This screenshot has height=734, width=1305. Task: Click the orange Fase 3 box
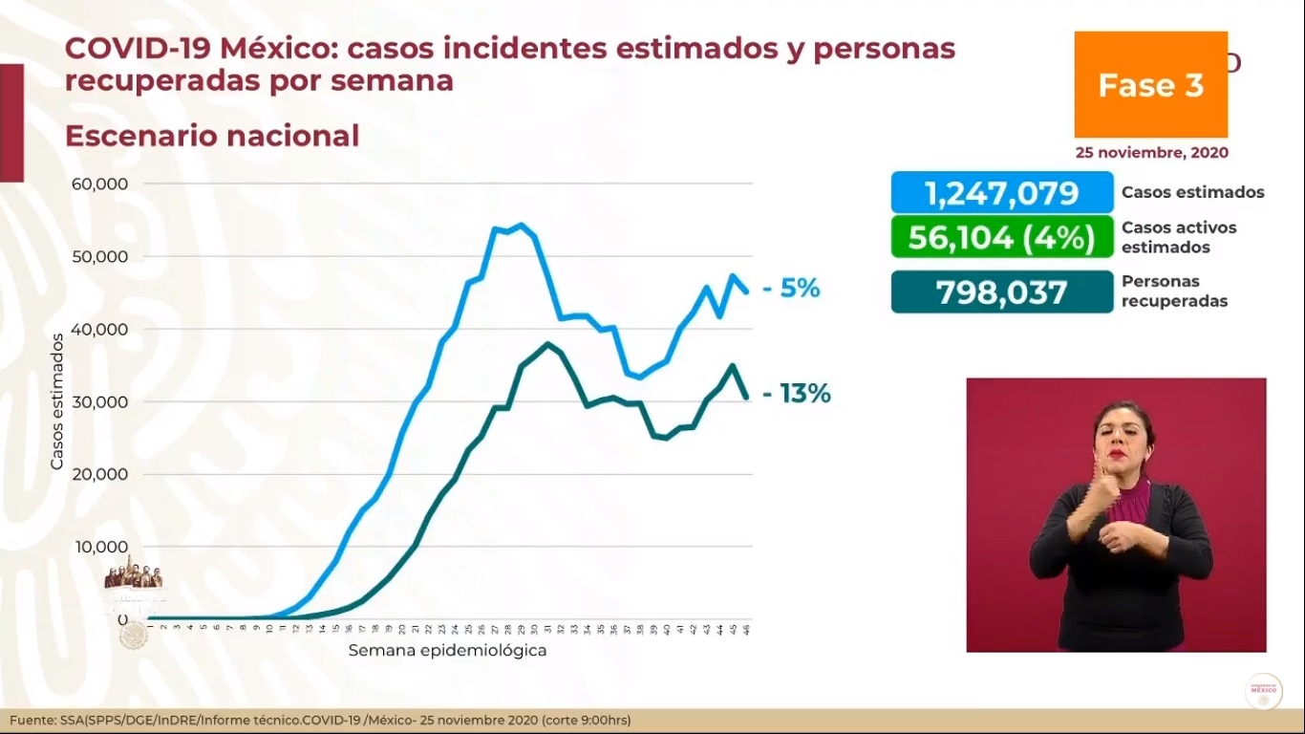point(1150,85)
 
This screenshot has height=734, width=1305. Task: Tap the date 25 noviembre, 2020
point(1151,153)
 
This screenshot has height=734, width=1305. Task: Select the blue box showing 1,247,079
point(1002,193)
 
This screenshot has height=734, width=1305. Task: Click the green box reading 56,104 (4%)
point(1002,237)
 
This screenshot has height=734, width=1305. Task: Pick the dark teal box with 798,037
point(1002,292)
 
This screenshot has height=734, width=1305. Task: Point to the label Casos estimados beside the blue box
point(1192,193)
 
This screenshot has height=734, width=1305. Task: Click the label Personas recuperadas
point(1174,291)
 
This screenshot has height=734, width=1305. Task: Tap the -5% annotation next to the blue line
point(791,289)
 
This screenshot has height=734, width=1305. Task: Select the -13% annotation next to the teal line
point(797,393)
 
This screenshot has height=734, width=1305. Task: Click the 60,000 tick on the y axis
point(99,183)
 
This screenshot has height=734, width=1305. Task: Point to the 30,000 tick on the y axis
point(99,401)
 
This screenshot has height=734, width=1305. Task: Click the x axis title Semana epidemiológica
point(447,651)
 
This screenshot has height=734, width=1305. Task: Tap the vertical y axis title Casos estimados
point(56,401)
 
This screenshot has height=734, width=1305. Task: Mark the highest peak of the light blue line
point(520,226)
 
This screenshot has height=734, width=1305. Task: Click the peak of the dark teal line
point(547,344)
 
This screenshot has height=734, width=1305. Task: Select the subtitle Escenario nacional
point(212,136)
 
